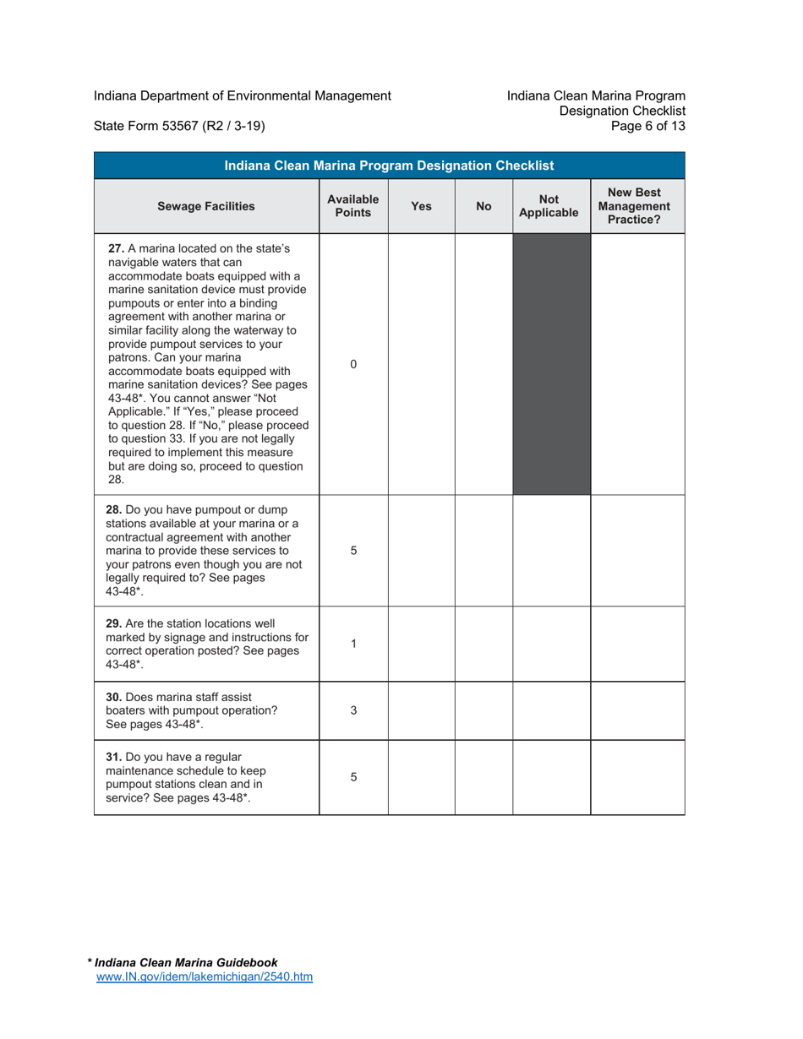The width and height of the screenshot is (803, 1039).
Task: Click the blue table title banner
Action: coord(389,165)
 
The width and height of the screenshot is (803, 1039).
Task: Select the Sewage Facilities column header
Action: coord(206,205)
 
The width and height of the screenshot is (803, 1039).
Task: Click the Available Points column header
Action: coord(353,205)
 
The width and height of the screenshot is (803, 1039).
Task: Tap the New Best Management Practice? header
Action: coord(637,205)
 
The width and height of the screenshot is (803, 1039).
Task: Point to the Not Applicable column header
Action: coord(551,205)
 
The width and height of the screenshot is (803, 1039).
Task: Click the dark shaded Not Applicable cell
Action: coord(551,364)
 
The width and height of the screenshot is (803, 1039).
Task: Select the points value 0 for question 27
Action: coord(353,364)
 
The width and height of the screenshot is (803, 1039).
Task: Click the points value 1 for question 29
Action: coord(353,643)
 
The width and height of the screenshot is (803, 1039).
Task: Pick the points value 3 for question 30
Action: coord(353,710)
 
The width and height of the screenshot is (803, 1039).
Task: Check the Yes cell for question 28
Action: coord(421,550)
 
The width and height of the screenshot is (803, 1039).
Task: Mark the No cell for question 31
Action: coord(483,777)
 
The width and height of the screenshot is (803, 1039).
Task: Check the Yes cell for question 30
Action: coord(421,710)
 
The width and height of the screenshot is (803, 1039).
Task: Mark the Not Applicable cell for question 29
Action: coord(551,643)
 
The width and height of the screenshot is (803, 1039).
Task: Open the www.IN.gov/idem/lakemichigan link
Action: coord(205,976)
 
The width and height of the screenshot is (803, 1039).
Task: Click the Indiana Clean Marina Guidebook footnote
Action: coord(185,962)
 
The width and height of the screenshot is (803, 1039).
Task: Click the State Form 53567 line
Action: coord(179,127)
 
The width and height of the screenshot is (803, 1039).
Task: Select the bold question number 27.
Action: coord(117,249)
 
